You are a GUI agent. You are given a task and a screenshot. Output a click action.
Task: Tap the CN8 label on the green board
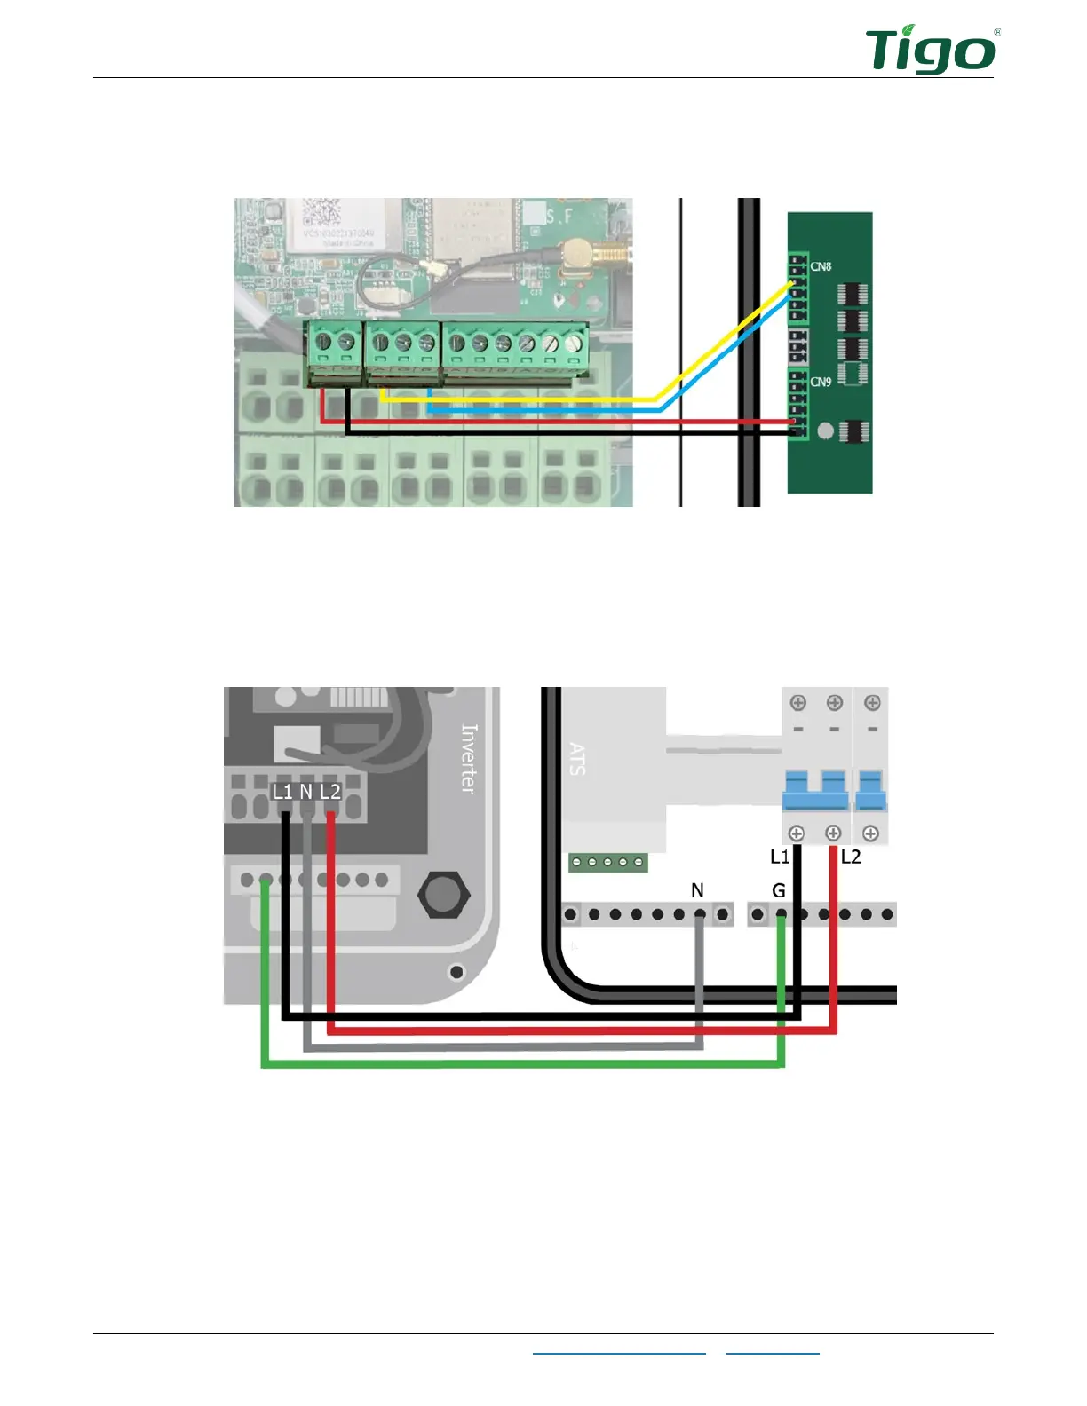point(821,266)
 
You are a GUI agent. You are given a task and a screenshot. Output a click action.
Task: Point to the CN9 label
point(821,382)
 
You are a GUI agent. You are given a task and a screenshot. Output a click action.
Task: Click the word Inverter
point(469,758)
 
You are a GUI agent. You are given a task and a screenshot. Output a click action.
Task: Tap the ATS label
point(577,759)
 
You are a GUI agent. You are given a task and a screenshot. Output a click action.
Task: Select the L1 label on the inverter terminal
point(282,792)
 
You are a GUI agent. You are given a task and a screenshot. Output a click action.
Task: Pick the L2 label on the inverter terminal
point(330,792)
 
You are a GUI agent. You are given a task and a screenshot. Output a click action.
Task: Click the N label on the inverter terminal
point(306,792)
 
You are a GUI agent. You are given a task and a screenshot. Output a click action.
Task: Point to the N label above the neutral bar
point(697,890)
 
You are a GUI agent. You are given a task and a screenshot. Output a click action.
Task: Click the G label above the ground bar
point(779,890)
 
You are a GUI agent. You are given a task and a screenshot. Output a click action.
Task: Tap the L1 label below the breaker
point(779,857)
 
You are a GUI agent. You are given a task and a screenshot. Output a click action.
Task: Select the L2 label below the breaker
point(851,857)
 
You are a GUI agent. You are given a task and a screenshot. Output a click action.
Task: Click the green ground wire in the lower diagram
point(524,1064)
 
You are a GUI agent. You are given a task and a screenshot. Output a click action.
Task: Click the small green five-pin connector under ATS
point(608,862)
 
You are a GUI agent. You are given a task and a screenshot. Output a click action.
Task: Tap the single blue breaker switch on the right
point(871,790)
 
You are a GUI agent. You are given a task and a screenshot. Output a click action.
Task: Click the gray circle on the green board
point(826,431)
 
